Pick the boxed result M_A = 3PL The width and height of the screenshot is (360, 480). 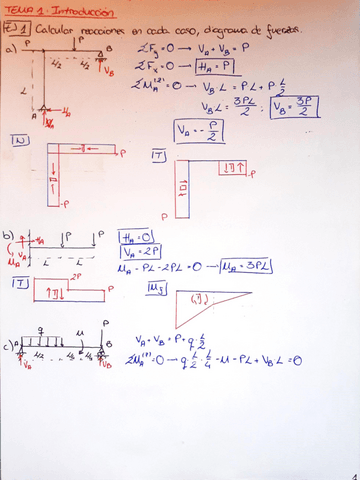[x=247, y=268]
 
